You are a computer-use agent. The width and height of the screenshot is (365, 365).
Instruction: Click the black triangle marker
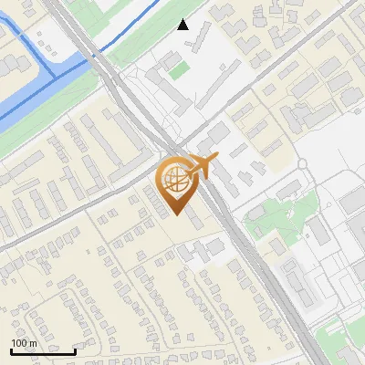(x=183, y=25)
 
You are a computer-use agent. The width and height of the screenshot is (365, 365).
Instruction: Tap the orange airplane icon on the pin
(x=202, y=165)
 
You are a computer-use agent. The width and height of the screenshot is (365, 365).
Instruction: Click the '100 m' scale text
(x=24, y=343)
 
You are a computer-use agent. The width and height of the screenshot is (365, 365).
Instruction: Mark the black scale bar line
(x=43, y=351)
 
